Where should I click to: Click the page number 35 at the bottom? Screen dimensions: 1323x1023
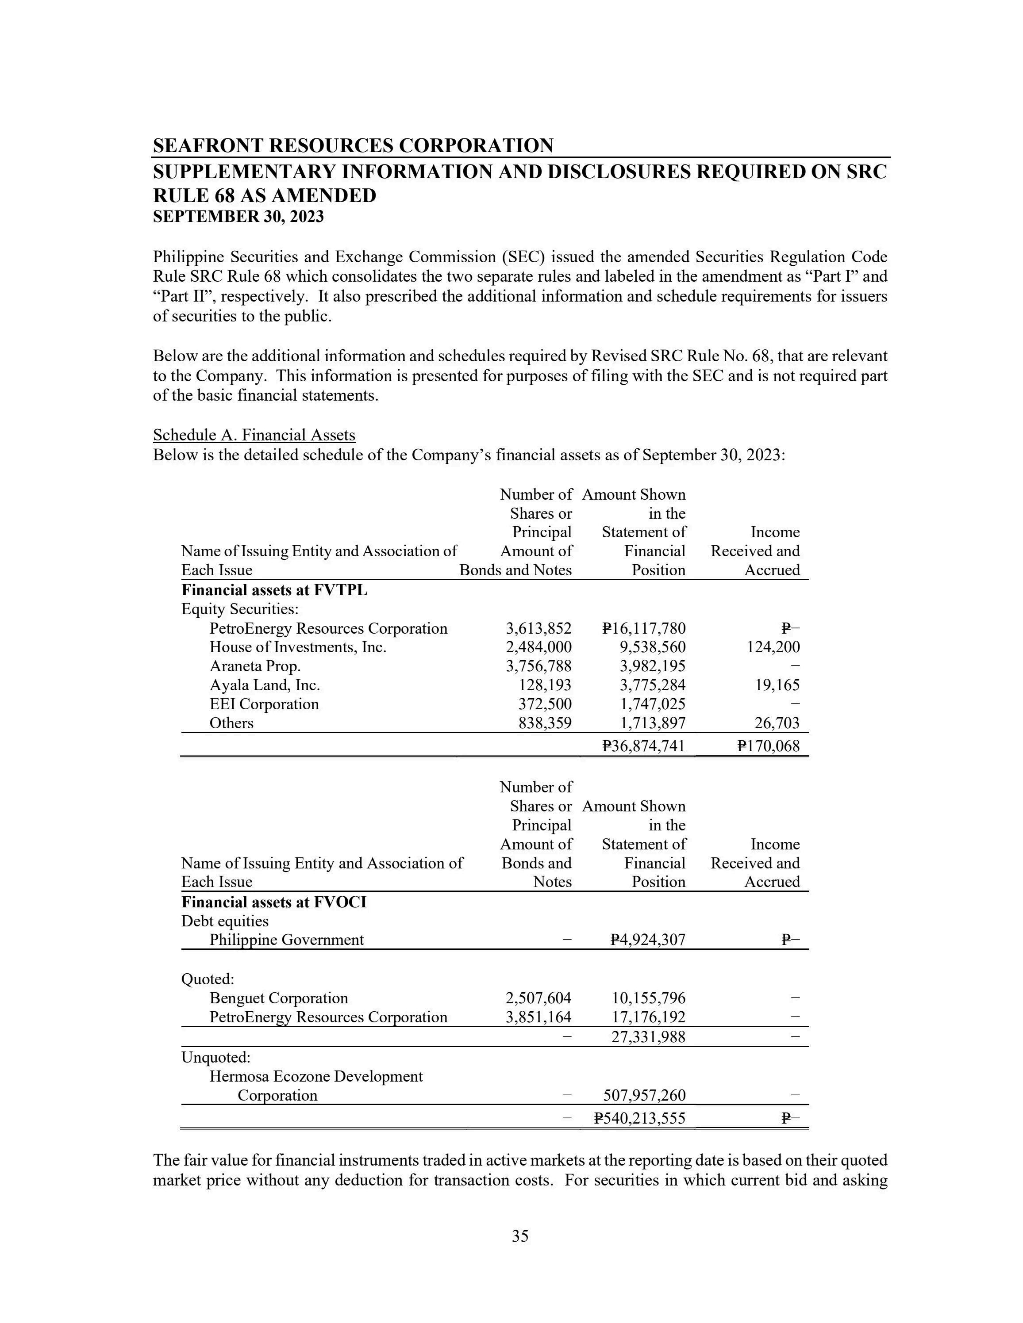point(520,1236)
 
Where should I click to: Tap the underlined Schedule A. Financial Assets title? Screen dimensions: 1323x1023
point(254,435)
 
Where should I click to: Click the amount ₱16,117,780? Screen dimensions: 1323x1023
point(644,628)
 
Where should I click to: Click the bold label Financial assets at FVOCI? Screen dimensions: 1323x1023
point(274,902)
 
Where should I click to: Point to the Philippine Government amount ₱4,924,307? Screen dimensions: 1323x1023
point(647,940)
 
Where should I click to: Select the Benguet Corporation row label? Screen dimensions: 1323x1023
point(279,998)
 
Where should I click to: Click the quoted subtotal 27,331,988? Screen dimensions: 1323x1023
point(647,1036)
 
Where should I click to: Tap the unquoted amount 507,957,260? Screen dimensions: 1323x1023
point(644,1095)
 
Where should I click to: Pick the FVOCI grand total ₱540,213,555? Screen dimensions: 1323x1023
point(639,1118)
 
